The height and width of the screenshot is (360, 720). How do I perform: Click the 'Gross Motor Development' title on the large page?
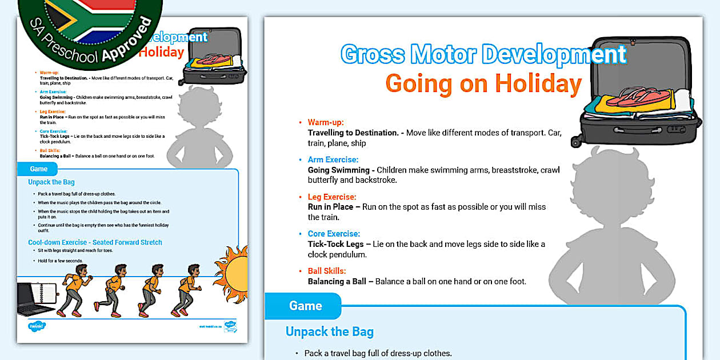483,54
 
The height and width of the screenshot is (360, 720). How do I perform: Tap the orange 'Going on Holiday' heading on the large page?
483,83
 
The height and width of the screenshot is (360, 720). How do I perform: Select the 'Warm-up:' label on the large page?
326,122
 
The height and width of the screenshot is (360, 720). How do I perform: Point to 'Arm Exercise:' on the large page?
333,160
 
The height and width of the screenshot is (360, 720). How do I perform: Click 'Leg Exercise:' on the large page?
332,197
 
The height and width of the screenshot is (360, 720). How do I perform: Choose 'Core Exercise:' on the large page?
334,234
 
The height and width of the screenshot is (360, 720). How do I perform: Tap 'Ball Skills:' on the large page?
327,271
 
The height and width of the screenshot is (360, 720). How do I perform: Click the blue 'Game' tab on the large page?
305,306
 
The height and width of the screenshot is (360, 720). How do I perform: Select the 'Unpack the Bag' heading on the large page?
330,332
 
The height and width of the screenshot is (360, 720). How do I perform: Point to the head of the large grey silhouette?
605,177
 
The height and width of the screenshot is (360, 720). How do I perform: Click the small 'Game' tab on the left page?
38,169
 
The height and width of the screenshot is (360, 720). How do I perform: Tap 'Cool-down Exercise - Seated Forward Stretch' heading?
95,242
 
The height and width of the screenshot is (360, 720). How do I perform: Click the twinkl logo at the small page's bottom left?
36,326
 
